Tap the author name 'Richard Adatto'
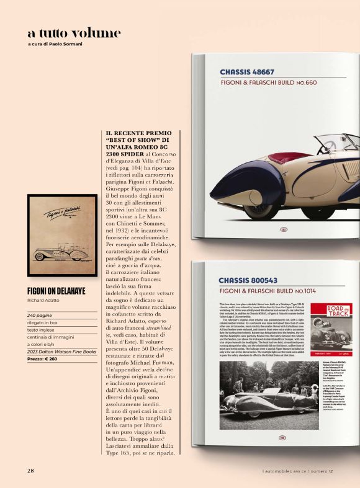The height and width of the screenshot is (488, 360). click(x=45, y=302)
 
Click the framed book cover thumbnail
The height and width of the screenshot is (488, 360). click(x=62, y=237)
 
